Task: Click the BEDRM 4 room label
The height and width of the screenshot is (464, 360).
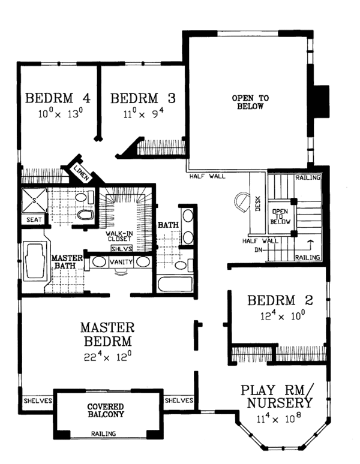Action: point(58,98)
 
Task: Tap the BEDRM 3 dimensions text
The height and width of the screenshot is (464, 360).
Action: point(143,113)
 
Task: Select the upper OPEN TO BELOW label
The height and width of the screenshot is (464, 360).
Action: point(250,102)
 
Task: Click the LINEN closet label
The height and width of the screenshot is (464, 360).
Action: point(81,173)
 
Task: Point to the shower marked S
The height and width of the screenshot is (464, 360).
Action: point(34,200)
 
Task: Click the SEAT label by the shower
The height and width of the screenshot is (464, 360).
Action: point(34,220)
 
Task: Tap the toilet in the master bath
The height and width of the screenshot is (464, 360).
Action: point(85,215)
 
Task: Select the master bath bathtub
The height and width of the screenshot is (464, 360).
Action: point(35,261)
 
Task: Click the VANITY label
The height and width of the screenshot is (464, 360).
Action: point(121,262)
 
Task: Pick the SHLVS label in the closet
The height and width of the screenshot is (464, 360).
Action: point(122,249)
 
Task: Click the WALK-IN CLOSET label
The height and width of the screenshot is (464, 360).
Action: point(119,236)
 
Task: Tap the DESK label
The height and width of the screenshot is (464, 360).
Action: point(257,204)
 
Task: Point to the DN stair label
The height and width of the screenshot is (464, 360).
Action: point(259,250)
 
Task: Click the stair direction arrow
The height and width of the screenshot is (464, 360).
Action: point(310,245)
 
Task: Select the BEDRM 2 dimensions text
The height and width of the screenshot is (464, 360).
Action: point(283,316)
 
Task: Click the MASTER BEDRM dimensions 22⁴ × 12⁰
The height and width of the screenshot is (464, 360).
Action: point(107,356)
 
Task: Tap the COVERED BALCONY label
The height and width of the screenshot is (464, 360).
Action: point(106,411)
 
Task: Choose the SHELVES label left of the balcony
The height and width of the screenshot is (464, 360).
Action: point(38,401)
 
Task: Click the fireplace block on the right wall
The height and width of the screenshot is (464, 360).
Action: point(321,102)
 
